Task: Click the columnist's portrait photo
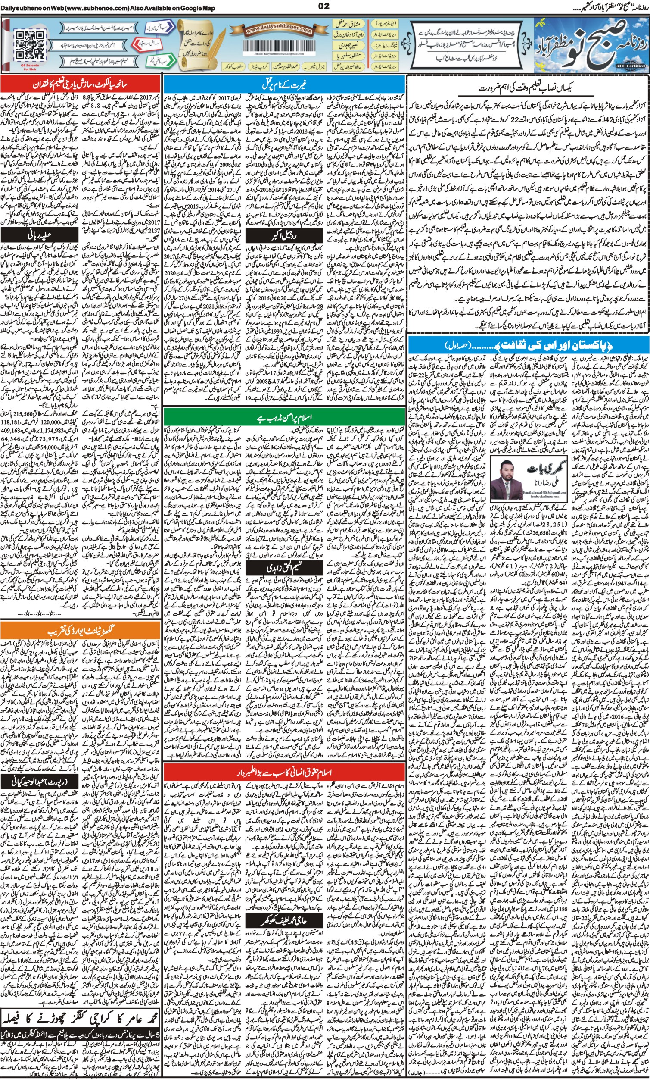click(507, 482)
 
